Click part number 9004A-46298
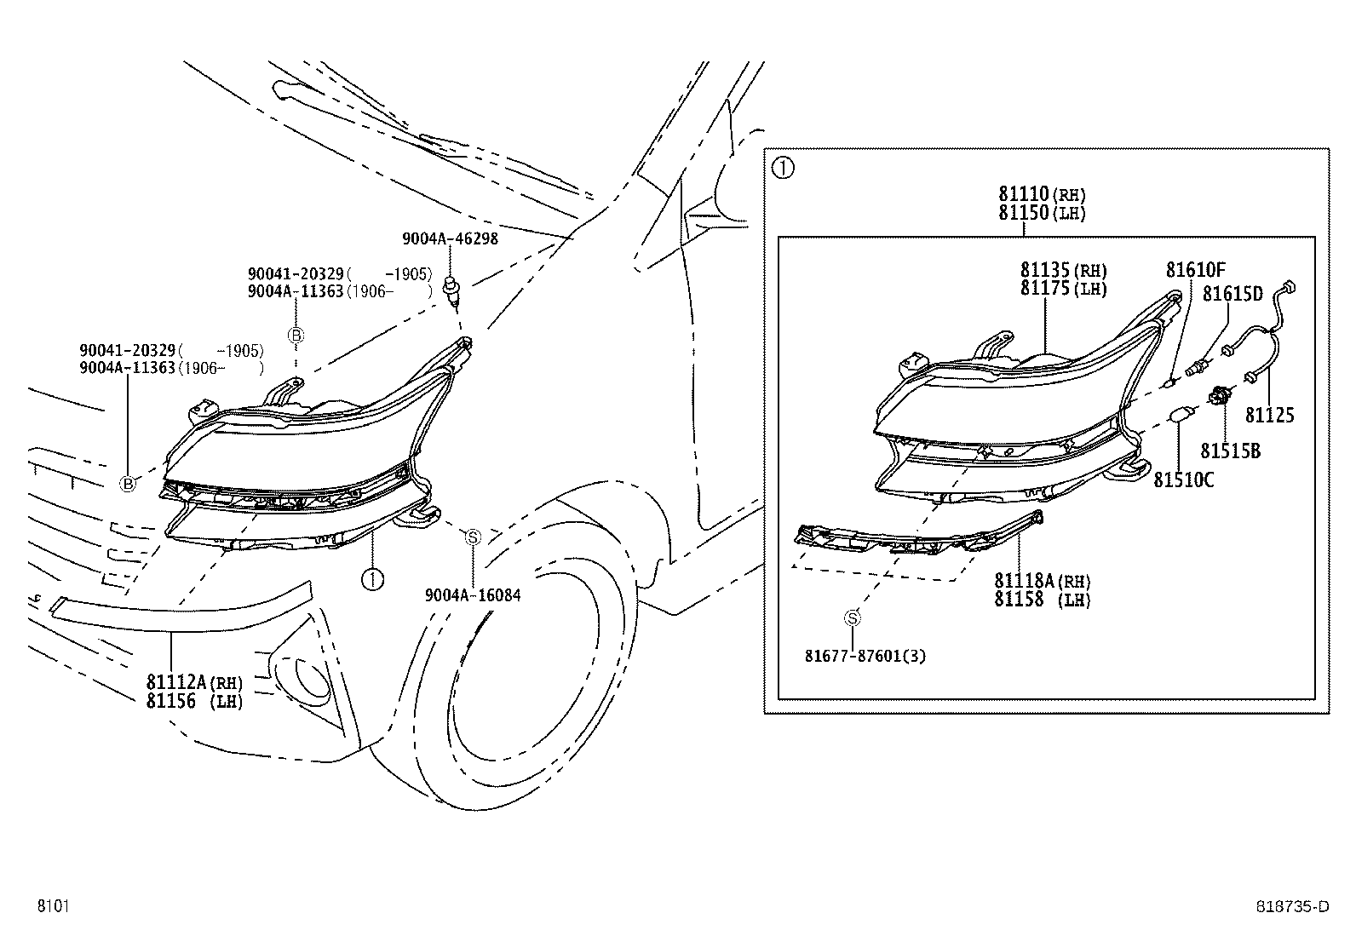[450, 238]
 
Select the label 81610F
[1195, 271]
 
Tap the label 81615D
[1232, 294]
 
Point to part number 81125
[1269, 416]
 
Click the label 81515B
[1230, 451]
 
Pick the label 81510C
[1183, 480]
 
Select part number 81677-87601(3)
[865, 656]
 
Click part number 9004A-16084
[473, 595]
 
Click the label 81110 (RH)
[1042, 195]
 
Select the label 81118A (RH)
[1042, 581]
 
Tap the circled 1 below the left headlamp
[372, 579]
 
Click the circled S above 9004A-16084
[473, 537]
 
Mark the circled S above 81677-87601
[853, 618]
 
